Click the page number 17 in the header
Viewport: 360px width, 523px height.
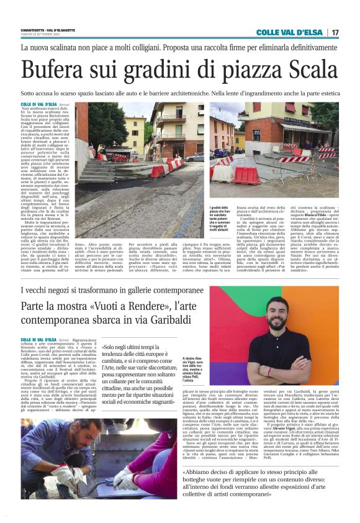(335, 32)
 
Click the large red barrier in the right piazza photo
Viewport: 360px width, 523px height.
(246, 175)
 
